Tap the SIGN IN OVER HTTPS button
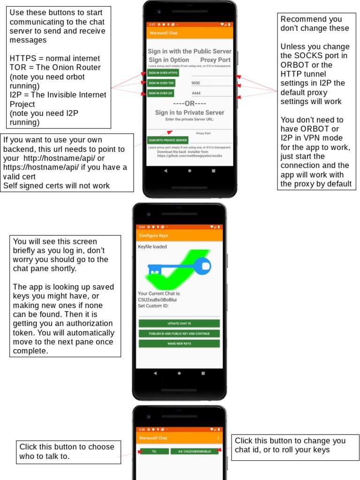coord(163,73)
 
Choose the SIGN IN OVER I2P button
coord(161,93)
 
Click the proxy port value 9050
coord(196,83)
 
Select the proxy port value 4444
coord(196,93)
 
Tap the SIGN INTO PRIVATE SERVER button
coord(168,140)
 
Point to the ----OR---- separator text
coord(189,103)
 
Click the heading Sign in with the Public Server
coord(189,51)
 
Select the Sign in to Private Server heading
coord(189,112)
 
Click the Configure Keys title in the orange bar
coord(153,235)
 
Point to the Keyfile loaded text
coord(152,247)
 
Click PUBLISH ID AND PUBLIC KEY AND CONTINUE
coord(179,333)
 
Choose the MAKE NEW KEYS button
coord(179,344)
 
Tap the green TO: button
coord(154,451)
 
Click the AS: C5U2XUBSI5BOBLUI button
coord(194,451)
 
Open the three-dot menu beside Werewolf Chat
coord(218,438)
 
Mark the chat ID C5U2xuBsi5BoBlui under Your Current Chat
coord(157,300)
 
